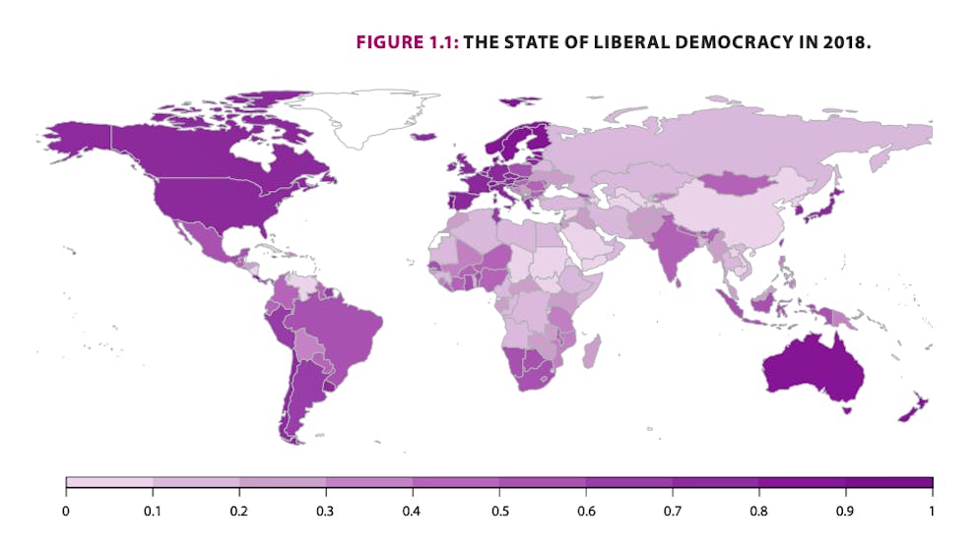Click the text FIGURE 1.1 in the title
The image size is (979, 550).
pos(407,44)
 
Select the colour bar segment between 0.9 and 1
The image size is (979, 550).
pos(888,483)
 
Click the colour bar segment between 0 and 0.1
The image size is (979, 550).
pos(109,483)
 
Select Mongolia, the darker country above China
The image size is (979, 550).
pos(736,183)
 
